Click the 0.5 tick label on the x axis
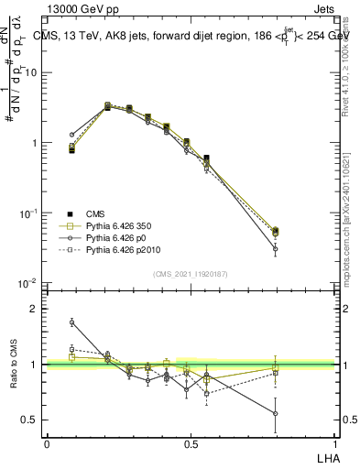pyautogui.click(x=191, y=443)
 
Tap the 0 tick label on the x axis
pyautogui.click(x=47, y=443)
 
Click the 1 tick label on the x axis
pyautogui.click(x=334, y=443)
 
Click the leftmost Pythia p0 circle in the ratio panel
pyautogui.click(x=71, y=322)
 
